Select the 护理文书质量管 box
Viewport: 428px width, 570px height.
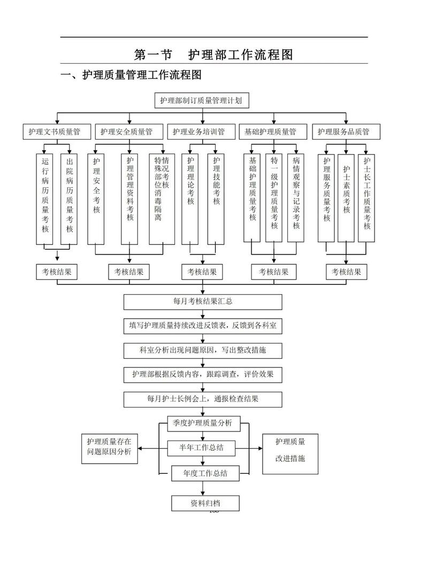(x=54, y=132)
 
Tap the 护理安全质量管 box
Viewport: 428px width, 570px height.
(x=126, y=132)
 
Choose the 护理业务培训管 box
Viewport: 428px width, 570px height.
(x=198, y=132)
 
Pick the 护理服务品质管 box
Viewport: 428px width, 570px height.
(x=343, y=132)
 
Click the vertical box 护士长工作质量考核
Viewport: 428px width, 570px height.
(x=366, y=197)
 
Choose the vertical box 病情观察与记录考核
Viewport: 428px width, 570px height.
(x=296, y=197)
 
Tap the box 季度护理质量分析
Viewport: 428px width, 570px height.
(x=203, y=423)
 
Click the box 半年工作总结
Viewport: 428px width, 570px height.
(x=201, y=448)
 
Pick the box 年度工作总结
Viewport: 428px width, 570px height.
(x=205, y=473)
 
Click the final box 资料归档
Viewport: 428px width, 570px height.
(x=205, y=503)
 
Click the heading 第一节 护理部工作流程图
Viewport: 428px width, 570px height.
(x=213, y=55)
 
